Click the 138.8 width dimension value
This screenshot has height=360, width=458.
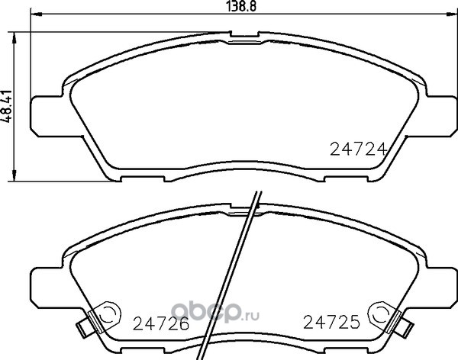[x=241, y=6]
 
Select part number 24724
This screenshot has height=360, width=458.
[x=359, y=149]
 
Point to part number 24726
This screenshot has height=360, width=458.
[x=161, y=323]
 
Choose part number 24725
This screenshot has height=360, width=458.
[x=331, y=322]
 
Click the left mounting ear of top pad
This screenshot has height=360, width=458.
[x=47, y=116]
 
